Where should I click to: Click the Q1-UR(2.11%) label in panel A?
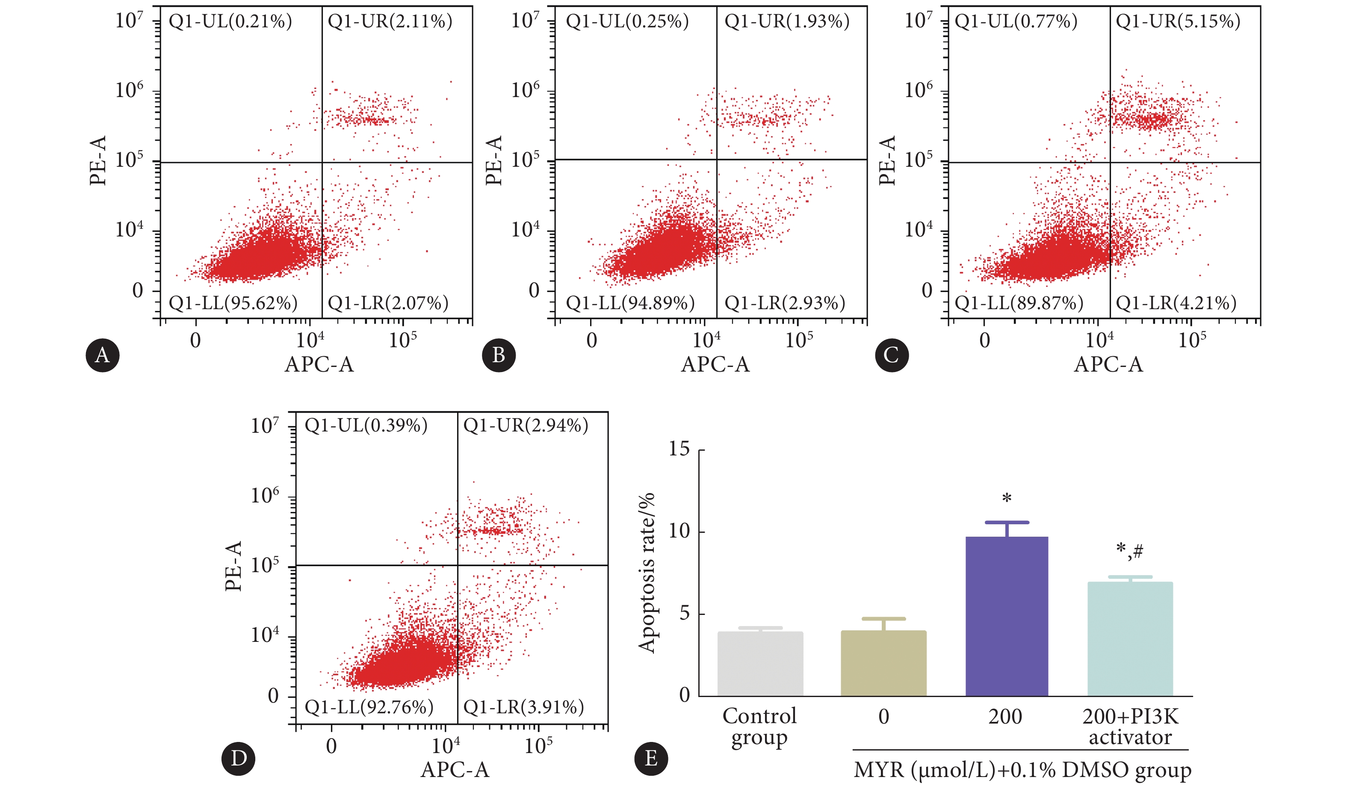[x=390, y=21]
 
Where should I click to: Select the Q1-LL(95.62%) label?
[x=233, y=303]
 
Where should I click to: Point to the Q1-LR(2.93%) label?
[x=785, y=303]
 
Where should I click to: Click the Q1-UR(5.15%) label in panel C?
[x=1178, y=21]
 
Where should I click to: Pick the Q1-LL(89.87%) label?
[x=1019, y=303]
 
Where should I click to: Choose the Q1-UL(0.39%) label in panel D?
[x=366, y=426]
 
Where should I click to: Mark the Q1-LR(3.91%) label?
[x=523, y=707]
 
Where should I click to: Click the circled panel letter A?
[x=102, y=355]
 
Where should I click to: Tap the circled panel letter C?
[x=892, y=355]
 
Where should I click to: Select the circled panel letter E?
[x=650, y=758]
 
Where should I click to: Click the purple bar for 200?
[x=1007, y=617]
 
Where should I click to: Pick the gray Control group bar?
[x=760, y=664]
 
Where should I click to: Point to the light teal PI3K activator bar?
[x=1130, y=639]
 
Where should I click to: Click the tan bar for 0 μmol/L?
[x=883, y=664]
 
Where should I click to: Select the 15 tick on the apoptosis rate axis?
[x=679, y=449]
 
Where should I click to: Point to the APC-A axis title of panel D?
[x=455, y=769]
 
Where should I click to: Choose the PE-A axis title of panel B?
[x=494, y=160]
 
